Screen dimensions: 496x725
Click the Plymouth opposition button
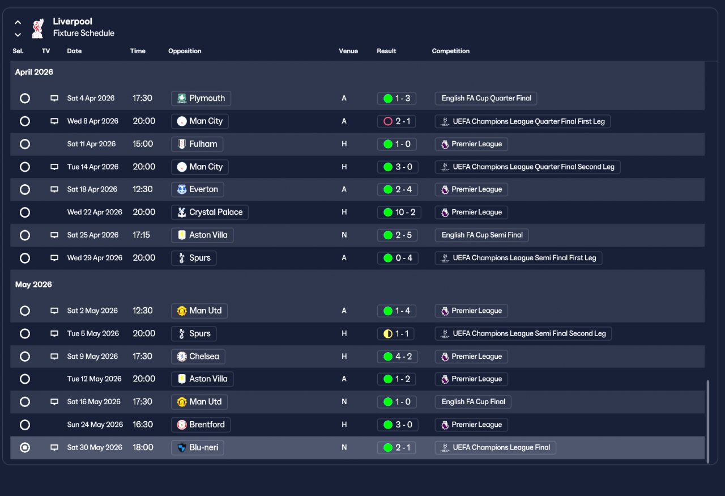click(x=201, y=99)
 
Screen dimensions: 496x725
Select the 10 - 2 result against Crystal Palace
click(x=399, y=213)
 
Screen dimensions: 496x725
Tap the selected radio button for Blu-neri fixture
click(x=25, y=448)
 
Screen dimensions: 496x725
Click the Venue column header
click(x=348, y=51)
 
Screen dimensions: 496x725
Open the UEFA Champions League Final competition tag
click(x=496, y=448)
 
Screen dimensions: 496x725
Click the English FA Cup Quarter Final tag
click(x=486, y=99)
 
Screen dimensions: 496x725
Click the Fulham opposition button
click(x=197, y=144)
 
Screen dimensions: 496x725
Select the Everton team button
click(x=198, y=189)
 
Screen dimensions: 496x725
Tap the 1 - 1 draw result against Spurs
click(x=396, y=334)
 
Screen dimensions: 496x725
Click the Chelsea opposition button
click(x=198, y=357)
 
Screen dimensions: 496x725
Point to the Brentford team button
click(x=201, y=425)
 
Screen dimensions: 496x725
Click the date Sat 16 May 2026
click(x=94, y=402)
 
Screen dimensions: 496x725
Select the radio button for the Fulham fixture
click(x=25, y=144)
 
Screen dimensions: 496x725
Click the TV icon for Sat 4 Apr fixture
click(x=54, y=99)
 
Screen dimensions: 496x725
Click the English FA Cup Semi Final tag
click(x=482, y=235)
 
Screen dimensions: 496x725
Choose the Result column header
click(x=386, y=51)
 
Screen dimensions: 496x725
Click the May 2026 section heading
click(x=33, y=285)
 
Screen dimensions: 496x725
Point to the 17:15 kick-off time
click(x=142, y=235)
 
